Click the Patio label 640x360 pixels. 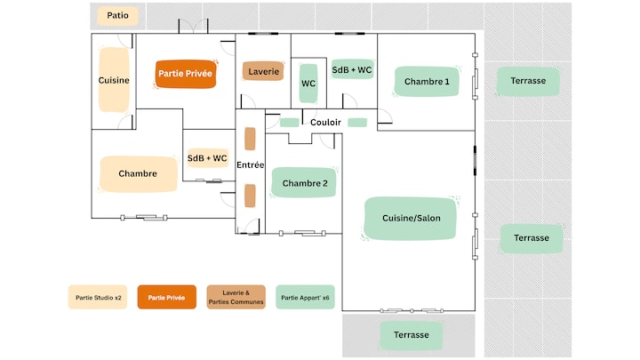(117, 15)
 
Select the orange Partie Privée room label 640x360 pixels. (185, 74)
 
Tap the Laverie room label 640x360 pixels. (263, 71)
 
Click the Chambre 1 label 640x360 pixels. (427, 82)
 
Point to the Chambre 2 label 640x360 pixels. (305, 183)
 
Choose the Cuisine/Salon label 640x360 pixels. (411, 219)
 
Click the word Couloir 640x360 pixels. (325, 123)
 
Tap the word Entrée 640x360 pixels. (250, 165)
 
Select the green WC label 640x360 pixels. (308, 84)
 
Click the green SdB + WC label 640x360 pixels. (352, 70)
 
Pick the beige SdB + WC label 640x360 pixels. (207, 158)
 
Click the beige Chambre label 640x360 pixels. (139, 174)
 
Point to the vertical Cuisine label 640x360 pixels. (114, 80)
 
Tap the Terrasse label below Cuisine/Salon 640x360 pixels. (411, 335)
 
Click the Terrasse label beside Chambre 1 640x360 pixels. (528, 81)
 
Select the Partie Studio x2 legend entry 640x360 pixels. (98, 297)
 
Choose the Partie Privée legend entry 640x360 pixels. (166, 297)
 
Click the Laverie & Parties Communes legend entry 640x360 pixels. (236, 297)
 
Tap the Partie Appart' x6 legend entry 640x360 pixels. (305, 297)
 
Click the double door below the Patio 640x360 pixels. (193, 27)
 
